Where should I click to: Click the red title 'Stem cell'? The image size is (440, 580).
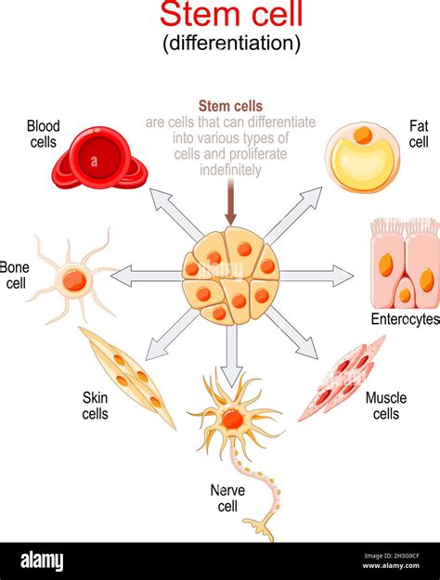click(x=230, y=16)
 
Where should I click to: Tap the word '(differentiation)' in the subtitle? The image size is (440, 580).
click(x=230, y=43)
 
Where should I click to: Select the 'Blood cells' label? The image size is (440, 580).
click(x=43, y=134)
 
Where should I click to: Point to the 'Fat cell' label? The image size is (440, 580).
click(x=419, y=134)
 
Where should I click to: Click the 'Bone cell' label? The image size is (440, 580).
click(x=14, y=276)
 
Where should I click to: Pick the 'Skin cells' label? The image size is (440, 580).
click(x=95, y=406)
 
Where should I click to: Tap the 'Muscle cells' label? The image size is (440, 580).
click(x=386, y=406)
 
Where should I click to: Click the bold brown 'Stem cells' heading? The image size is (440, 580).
click(x=230, y=106)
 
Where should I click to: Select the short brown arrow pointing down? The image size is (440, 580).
click(x=231, y=202)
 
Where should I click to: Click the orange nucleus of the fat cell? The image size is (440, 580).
click(x=363, y=135)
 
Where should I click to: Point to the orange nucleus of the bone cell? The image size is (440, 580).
click(x=73, y=279)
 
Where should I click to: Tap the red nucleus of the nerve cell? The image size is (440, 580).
click(x=233, y=419)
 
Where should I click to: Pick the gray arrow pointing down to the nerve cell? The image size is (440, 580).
click(x=232, y=348)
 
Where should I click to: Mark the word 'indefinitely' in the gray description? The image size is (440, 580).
click(x=230, y=170)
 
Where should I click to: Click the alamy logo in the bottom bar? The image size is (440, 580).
click(x=42, y=561)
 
